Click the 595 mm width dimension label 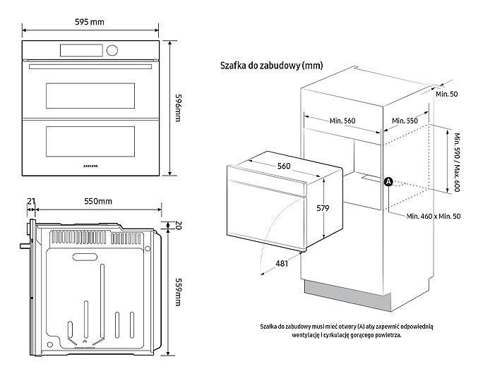(x=90, y=22)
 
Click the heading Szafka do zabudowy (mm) (x=271, y=66)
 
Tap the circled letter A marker (x=388, y=182)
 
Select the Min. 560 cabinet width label (x=342, y=121)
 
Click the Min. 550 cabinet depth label (x=404, y=121)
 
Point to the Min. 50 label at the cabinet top (x=446, y=94)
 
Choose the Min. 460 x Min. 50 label (x=434, y=216)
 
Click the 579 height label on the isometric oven (x=323, y=208)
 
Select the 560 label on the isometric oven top (x=284, y=166)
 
